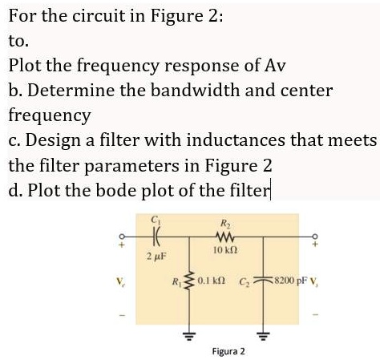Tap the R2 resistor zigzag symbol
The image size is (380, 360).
(224, 237)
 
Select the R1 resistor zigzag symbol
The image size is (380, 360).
(190, 281)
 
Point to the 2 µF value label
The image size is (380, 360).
(156, 257)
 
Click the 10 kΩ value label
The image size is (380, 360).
(225, 250)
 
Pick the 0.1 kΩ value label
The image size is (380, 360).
(212, 281)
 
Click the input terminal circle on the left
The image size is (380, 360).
(122, 237)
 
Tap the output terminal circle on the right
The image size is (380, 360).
(316, 237)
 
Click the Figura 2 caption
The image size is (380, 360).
(228, 351)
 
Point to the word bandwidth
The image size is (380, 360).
(196, 90)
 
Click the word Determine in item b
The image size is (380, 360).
(72, 90)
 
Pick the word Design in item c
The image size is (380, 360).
(54, 140)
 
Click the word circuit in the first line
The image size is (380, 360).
(99, 16)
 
